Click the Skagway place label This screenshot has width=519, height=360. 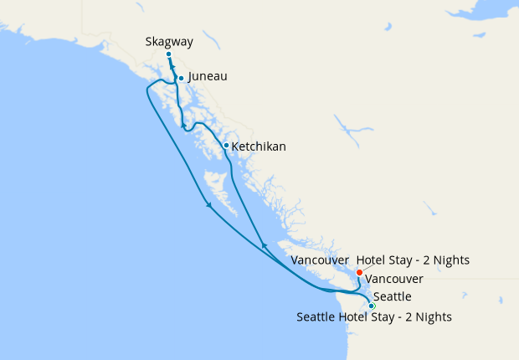(168, 40)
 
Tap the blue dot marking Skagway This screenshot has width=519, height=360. (168, 54)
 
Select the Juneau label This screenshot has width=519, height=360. (208, 76)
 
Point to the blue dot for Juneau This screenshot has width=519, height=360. (181, 79)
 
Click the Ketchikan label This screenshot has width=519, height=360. (259, 147)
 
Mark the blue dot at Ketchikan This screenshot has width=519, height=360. (226, 145)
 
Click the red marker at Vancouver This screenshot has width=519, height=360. (359, 272)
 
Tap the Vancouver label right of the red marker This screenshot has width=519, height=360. (394, 279)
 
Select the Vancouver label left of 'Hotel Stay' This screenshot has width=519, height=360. (320, 260)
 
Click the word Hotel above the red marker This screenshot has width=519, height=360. (373, 260)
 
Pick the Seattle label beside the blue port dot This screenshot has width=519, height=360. (392, 297)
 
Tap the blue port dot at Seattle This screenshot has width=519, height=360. (372, 306)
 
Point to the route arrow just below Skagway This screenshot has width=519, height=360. (172, 69)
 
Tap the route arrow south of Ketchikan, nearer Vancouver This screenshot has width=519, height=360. (265, 245)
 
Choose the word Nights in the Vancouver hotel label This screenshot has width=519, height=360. (450, 260)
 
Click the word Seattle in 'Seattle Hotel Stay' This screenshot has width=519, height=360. (316, 316)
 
